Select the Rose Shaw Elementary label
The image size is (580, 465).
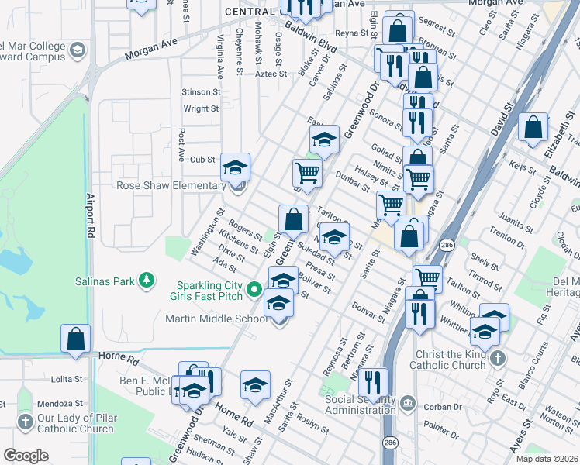pos(171,185)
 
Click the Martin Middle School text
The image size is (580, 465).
pos(217,319)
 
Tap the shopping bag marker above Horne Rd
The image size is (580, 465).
pos(76,339)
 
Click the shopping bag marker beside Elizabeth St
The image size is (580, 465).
pos(533,129)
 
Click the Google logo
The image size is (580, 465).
pos(26,455)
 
